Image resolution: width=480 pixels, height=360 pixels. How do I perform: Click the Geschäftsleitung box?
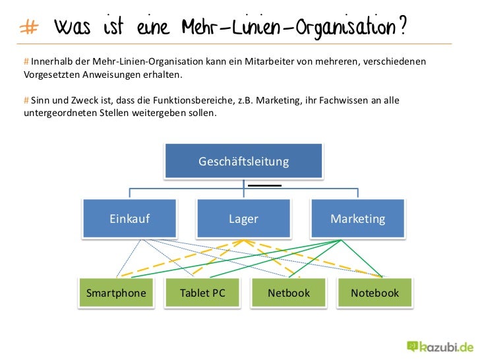(x=243, y=162)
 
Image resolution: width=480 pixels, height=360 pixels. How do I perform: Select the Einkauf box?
(x=130, y=219)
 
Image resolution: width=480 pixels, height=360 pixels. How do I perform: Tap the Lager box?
(x=243, y=219)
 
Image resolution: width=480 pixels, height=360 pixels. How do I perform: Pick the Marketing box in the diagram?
(x=357, y=219)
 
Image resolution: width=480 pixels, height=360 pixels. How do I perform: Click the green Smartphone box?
(x=116, y=293)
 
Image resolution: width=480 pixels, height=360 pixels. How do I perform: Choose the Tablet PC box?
(x=202, y=293)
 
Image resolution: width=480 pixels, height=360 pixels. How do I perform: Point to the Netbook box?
(x=288, y=293)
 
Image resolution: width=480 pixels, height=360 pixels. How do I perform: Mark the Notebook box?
(x=375, y=293)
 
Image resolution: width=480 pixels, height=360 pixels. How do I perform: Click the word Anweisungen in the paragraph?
(x=111, y=75)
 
